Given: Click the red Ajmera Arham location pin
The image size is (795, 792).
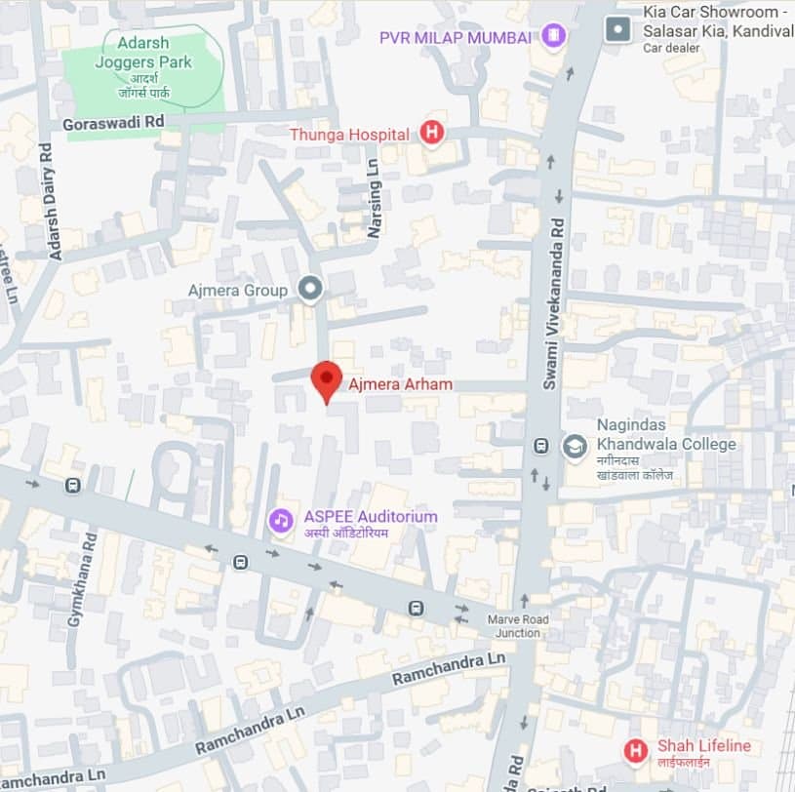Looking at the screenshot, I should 326,378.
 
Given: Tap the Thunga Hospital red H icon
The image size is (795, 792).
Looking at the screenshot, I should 431,133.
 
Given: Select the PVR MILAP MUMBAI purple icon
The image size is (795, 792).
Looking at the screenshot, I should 554,37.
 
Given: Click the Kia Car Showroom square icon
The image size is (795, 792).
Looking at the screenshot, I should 617,29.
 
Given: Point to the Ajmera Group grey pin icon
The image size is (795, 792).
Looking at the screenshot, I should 310,289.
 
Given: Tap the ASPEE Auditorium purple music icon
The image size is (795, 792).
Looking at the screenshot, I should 281,520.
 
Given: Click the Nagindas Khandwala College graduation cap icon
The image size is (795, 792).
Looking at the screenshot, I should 575,447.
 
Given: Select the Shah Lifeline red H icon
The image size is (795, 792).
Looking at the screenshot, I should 636,750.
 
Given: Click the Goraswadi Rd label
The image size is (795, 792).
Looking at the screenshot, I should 112,123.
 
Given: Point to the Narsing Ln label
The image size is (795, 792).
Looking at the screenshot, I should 374,206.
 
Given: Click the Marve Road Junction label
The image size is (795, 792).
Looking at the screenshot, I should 518,626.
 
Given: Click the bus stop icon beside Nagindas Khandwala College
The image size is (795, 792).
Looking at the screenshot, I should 540,446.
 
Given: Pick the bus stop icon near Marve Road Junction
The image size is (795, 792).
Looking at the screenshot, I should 417,608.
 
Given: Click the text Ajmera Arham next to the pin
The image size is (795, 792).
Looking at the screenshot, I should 400,384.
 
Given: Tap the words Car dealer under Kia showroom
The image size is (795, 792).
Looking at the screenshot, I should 672,48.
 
